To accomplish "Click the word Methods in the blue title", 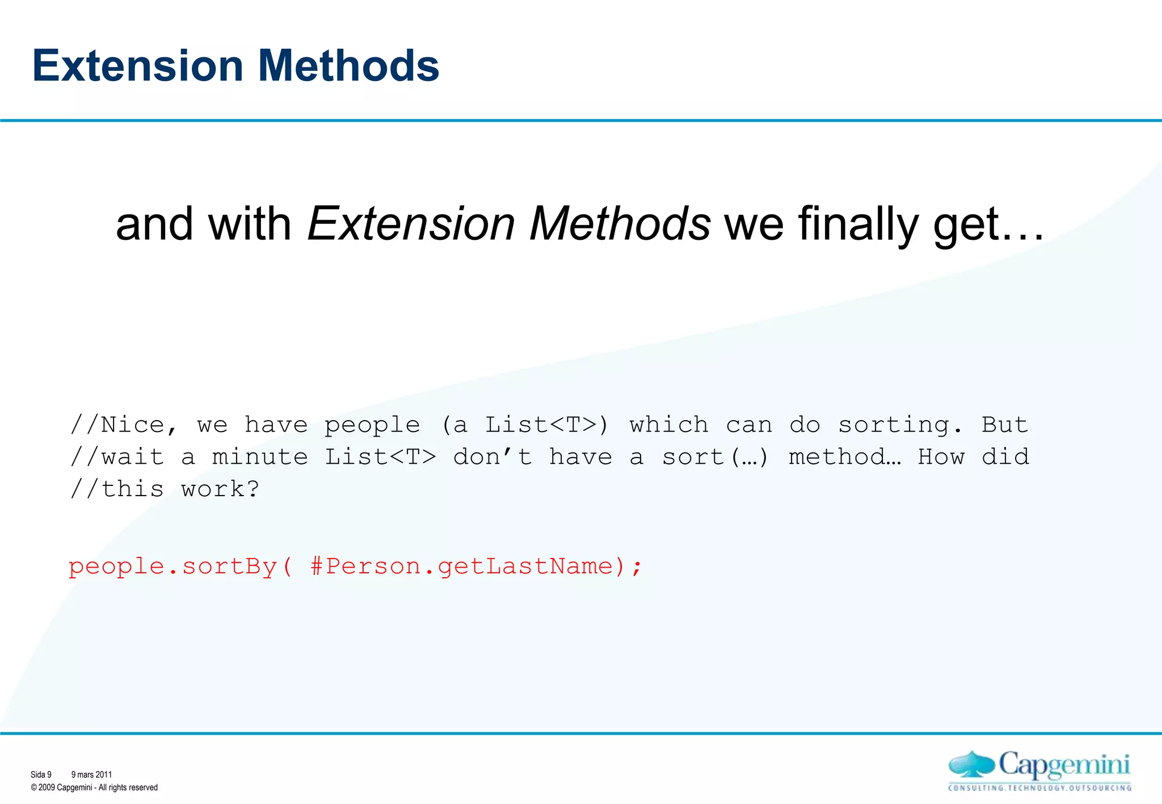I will (348, 66).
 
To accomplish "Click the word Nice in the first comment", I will (132, 425).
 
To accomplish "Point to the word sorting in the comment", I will (900, 425).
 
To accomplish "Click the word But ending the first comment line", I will (1004, 425).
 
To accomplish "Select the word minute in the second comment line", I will (260, 457).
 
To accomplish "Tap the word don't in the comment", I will (492, 457).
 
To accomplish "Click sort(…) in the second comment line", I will (715, 457).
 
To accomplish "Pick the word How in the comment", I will (941, 457).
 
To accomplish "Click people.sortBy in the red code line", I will (173, 566).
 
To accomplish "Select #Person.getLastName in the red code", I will (462, 566).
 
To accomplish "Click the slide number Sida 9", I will (41, 775).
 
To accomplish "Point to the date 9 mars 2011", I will (91, 775).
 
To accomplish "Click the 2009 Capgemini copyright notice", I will (94, 788).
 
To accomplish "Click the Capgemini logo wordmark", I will (1064, 765).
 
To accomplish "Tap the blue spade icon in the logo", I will (971, 764).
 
